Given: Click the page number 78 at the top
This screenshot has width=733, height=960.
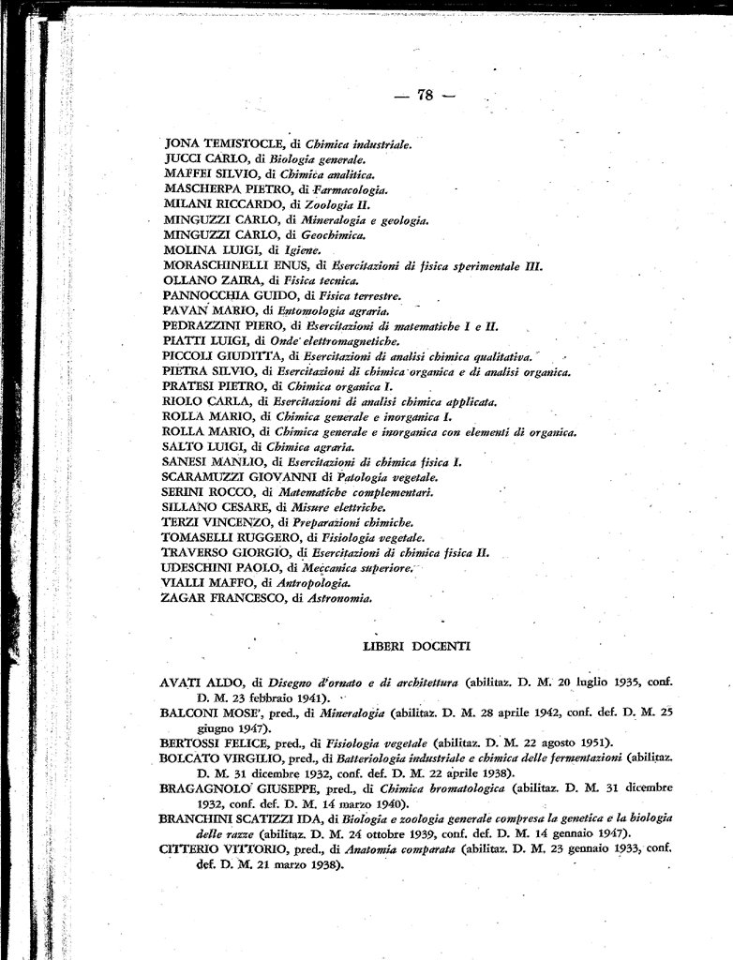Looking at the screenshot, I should pyautogui.click(x=425, y=95).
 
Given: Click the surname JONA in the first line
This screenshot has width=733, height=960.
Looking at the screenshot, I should pyautogui.click(x=182, y=143).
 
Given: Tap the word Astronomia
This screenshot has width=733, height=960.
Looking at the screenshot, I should pyautogui.click(x=339, y=597).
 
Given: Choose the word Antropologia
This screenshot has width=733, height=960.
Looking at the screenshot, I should pyautogui.click(x=317, y=582).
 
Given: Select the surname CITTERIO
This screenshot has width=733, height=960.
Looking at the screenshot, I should pyautogui.click(x=190, y=849).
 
